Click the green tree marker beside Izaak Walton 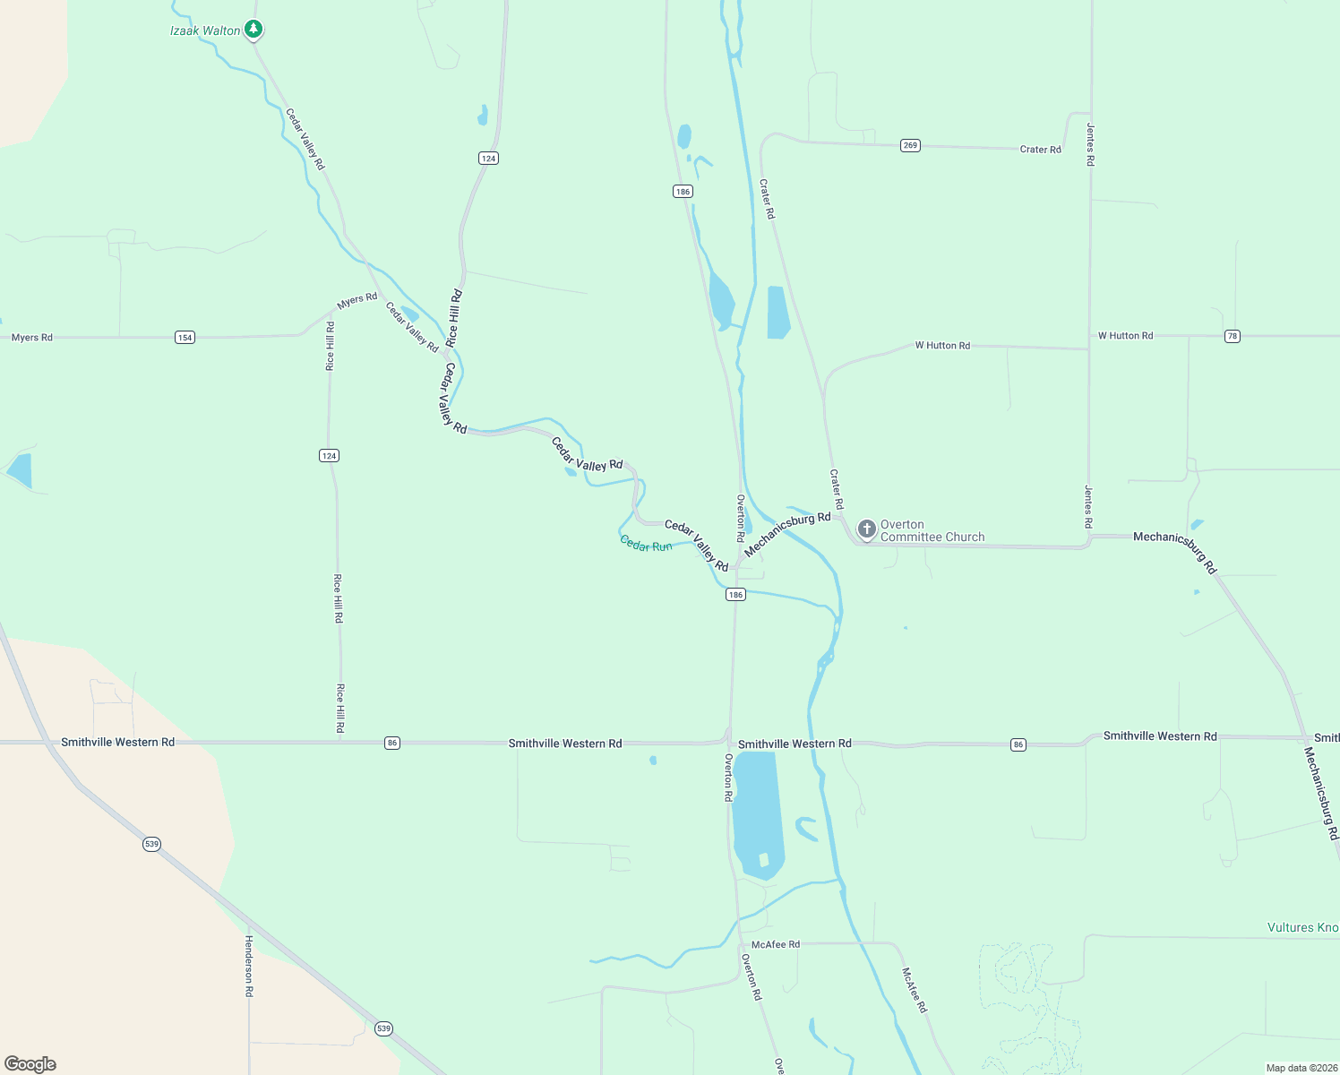(253, 30)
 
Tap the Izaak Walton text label (205, 30)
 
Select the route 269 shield (910, 145)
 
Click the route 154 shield (185, 338)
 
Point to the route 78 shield (1233, 336)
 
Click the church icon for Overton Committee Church (866, 529)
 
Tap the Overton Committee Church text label (932, 531)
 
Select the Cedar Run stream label (646, 545)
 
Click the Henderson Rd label (249, 966)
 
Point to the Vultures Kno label (1302, 927)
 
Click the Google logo (30, 1064)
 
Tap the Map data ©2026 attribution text (1300, 1068)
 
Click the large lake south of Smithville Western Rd (756, 806)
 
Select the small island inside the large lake (763, 860)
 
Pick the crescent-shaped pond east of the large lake (805, 829)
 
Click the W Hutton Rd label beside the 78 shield (1125, 336)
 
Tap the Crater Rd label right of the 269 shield (1040, 150)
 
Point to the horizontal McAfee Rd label (776, 944)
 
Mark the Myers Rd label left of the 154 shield (32, 338)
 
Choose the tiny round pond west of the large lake (653, 761)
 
